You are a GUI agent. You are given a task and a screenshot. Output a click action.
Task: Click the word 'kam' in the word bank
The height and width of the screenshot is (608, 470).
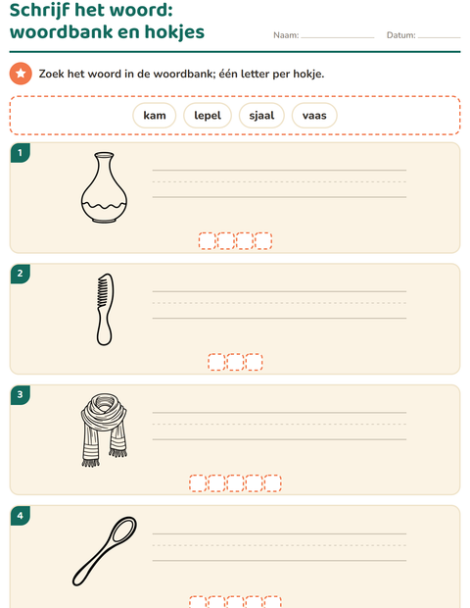(x=155, y=116)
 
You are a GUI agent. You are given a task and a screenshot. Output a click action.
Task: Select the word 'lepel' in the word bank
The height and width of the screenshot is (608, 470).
(x=208, y=116)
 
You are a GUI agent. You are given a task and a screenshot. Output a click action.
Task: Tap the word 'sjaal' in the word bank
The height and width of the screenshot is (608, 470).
(x=261, y=116)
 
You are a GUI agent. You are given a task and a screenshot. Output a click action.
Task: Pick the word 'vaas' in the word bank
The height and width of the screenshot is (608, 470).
(x=314, y=116)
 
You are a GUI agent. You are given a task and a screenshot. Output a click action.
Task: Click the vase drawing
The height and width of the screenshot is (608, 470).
(x=104, y=187)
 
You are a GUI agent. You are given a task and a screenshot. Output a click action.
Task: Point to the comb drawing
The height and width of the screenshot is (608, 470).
(x=105, y=310)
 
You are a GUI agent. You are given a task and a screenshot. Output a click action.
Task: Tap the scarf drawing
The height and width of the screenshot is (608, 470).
(x=104, y=431)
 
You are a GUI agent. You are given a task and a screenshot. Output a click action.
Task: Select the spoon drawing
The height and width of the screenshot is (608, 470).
(x=105, y=551)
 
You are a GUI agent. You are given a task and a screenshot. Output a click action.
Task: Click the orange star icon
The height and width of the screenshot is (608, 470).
(x=21, y=74)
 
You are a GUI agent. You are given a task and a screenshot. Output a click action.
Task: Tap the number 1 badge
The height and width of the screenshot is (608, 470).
(x=21, y=153)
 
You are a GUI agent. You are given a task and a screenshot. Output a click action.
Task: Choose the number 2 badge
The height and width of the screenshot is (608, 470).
(x=21, y=274)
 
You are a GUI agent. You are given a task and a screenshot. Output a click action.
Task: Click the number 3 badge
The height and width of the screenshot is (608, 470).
(x=21, y=395)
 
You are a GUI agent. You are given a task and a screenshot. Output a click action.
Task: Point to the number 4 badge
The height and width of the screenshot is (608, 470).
(x=21, y=516)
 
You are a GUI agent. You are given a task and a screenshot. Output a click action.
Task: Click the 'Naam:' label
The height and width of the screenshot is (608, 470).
(x=286, y=35)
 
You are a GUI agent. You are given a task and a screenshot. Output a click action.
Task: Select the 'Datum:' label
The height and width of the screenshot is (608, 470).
(x=401, y=35)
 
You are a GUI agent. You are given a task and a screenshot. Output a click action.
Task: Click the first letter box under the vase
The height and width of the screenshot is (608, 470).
(x=208, y=241)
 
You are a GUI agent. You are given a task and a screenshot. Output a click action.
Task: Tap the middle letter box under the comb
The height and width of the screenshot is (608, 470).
(x=235, y=362)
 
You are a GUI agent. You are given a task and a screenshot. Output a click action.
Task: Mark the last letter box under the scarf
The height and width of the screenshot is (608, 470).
(x=272, y=483)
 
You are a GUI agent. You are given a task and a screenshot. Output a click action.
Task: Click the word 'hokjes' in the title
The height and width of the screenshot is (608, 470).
(x=174, y=32)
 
